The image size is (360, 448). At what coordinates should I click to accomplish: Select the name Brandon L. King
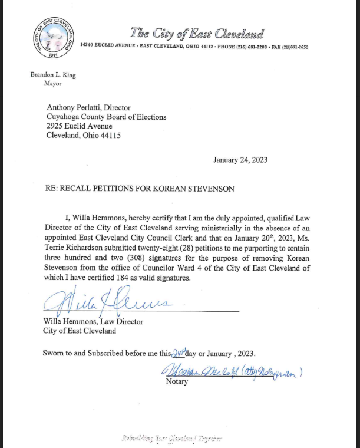click(x=53, y=75)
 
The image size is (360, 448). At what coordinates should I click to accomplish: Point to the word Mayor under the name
click(x=52, y=84)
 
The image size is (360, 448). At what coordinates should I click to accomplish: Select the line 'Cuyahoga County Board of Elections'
click(x=106, y=117)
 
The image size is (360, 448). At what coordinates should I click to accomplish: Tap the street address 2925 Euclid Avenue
click(x=79, y=126)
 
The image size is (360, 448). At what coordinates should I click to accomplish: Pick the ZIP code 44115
click(x=109, y=135)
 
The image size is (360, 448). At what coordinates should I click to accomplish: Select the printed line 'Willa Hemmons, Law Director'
click(x=93, y=321)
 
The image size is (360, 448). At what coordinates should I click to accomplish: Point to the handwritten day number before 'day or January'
click(x=177, y=353)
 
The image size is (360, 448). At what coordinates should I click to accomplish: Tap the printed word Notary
click(x=177, y=381)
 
